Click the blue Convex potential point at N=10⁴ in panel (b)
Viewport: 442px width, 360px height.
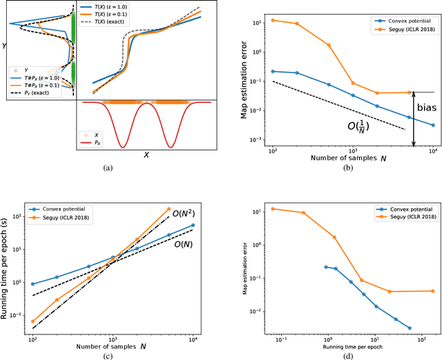click(433, 125)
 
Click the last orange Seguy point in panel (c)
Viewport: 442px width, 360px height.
click(169, 209)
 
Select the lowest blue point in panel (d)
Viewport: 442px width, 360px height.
click(410, 328)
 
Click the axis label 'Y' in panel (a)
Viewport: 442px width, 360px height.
click(6, 46)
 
